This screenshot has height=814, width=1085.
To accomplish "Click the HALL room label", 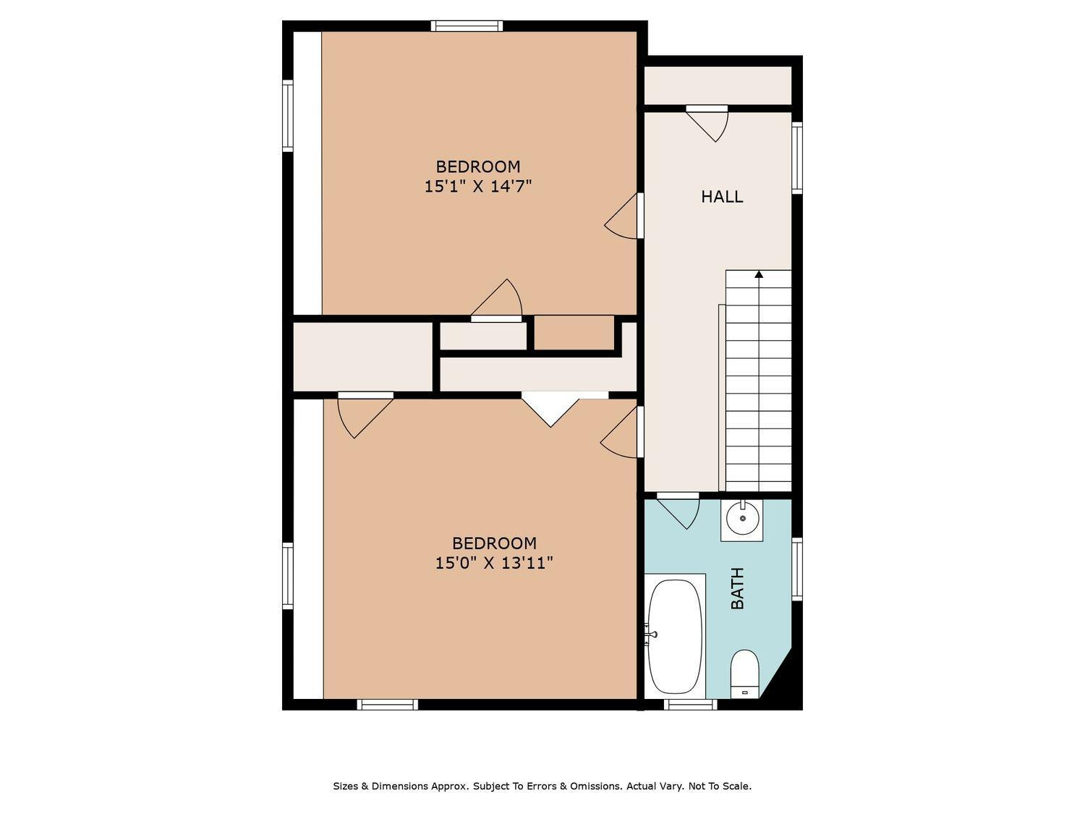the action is pyautogui.click(x=722, y=197).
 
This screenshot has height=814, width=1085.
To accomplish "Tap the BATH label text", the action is pyautogui.click(x=737, y=588).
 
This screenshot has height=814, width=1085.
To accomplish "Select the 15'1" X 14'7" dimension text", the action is pyautogui.click(x=478, y=187).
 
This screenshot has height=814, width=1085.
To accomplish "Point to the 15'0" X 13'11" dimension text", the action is pyautogui.click(x=494, y=563).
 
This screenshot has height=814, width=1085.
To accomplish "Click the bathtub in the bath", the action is pyautogui.click(x=675, y=636).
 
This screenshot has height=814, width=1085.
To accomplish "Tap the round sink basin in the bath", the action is pyautogui.click(x=742, y=518).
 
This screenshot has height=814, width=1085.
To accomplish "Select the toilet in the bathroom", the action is pyautogui.click(x=744, y=674).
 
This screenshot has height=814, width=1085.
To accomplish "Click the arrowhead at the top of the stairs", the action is pyautogui.click(x=759, y=274).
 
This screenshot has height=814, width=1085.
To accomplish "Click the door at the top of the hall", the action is pyautogui.click(x=707, y=123).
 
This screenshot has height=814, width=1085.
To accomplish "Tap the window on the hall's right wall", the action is pyautogui.click(x=796, y=157).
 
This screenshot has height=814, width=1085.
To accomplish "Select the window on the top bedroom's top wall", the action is pyautogui.click(x=466, y=26).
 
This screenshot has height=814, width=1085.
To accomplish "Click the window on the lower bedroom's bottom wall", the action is pyautogui.click(x=387, y=704).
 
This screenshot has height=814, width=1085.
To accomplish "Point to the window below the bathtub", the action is pyautogui.click(x=690, y=704).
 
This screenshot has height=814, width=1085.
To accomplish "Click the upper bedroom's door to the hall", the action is pyautogui.click(x=624, y=216).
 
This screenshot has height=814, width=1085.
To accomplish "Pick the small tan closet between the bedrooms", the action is pyautogui.click(x=574, y=333).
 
